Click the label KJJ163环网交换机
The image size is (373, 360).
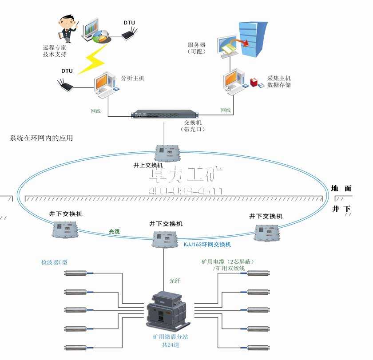pos(207,245)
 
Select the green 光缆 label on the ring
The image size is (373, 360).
pos(115,231)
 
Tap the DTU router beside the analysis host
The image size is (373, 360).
pos(65,84)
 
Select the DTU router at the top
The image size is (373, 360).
pos(130,34)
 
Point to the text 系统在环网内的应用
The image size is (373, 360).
pos(41,138)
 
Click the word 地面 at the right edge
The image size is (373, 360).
pos(341,188)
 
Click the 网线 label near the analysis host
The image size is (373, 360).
pos(96,111)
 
